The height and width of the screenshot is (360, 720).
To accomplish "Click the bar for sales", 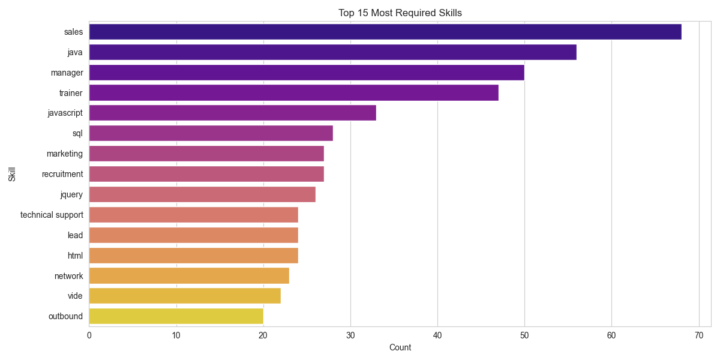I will [385, 32].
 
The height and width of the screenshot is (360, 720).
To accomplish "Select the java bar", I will [333, 52].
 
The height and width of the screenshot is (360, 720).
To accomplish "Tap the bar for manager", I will [307, 73].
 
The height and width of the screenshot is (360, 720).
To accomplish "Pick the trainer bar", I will [294, 93].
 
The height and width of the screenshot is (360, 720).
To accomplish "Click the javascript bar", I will [233, 113].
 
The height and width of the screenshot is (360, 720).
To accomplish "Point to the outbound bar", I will [176, 316].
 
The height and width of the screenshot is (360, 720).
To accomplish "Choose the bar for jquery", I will [202, 194].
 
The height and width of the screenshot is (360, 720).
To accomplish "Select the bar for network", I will [189, 275].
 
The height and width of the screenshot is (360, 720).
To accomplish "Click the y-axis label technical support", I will [52, 215].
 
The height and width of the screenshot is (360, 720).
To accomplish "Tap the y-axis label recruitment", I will [62, 174].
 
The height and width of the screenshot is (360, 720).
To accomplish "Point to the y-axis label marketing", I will [65, 154].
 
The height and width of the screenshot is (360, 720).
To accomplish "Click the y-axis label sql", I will [77, 133].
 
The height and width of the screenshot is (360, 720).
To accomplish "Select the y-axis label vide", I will [76, 296].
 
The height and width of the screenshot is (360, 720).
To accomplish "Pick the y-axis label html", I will [76, 256].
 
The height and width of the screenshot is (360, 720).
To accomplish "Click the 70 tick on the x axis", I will [699, 336].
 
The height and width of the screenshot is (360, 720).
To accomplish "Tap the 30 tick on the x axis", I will [350, 336].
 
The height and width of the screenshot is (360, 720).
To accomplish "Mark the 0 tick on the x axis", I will [89, 336].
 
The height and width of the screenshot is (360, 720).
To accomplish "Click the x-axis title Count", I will [400, 347].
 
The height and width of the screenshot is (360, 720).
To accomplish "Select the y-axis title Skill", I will [12, 174].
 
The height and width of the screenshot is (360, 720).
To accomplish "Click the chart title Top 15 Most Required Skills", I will [400, 13].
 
